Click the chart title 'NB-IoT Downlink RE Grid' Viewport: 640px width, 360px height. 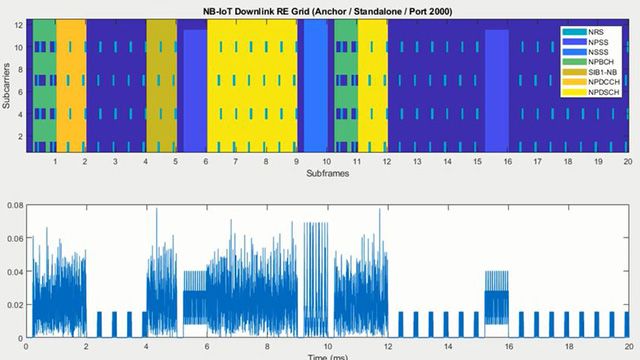[x=326, y=10]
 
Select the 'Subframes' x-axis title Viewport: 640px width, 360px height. [x=326, y=174]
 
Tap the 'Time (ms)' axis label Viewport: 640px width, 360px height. [x=326, y=356]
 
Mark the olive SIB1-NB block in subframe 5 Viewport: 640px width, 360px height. [x=161, y=85]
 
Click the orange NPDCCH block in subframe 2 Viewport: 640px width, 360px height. [x=71, y=85]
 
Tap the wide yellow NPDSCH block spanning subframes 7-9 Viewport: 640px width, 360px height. [x=252, y=85]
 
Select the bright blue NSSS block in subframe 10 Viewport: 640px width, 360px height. [x=315, y=85]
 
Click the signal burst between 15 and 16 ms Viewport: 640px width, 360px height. [x=497, y=300]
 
